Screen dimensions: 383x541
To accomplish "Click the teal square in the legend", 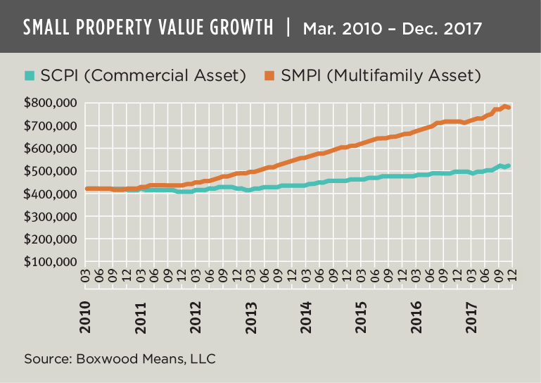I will [x=30, y=75].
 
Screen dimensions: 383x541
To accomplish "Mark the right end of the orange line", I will [x=509, y=107].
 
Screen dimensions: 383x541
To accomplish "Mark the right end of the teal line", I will [x=509, y=165].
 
